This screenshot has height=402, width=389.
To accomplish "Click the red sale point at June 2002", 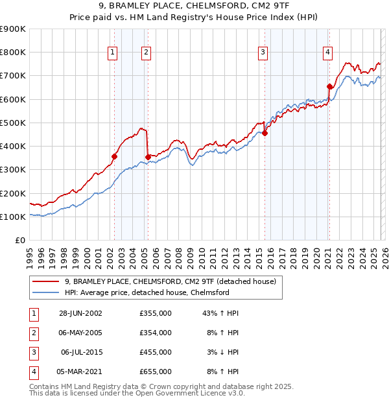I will pos(115,156).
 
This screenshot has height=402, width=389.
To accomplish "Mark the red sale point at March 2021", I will pos(329,86).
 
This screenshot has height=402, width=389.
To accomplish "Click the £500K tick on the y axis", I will pos(12,123).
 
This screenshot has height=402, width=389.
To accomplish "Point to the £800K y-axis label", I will pos(12,52).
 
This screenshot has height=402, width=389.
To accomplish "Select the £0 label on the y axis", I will pos(19,240).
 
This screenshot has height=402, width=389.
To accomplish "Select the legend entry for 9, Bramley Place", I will pos(171,281).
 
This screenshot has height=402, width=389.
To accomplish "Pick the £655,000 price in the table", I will pos(156,372).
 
